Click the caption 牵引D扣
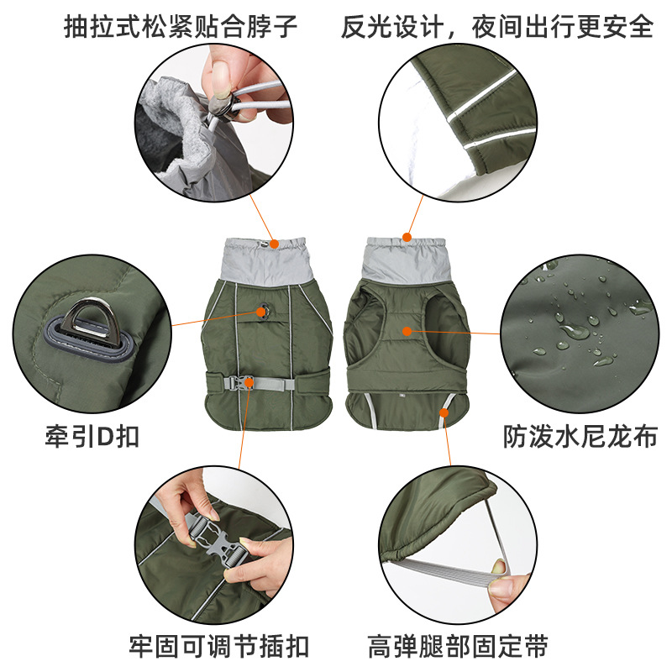(x=92, y=436)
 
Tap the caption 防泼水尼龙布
(x=580, y=436)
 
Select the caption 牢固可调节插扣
(x=219, y=646)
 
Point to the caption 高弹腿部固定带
(x=458, y=646)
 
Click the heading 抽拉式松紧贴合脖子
(x=181, y=27)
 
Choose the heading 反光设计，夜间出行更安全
(x=497, y=27)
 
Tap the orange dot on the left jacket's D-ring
(x=261, y=312)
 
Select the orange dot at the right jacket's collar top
(x=407, y=237)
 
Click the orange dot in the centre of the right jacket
(x=407, y=331)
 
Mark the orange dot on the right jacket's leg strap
(x=444, y=412)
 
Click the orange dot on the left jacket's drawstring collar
(x=275, y=244)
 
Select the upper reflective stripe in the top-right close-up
(x=482, y=95)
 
